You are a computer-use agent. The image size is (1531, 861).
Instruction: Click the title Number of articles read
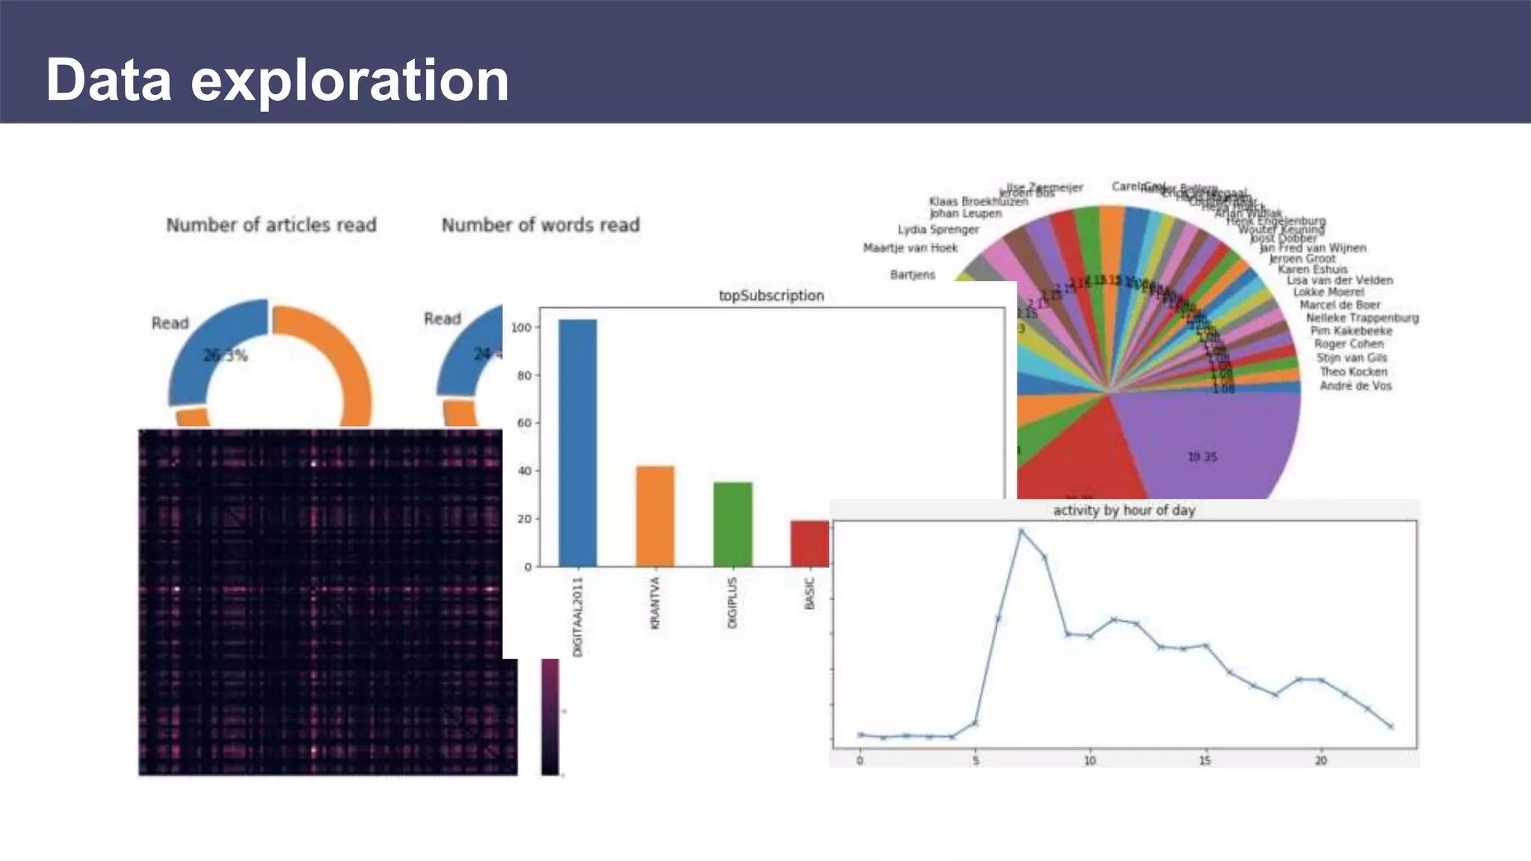click(x=271, y=225)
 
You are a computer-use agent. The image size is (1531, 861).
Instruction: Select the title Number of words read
click(x=540, y=225)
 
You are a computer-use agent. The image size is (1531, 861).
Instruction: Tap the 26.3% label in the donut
click(x=225, y=355)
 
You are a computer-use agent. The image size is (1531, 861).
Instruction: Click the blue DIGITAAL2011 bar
click(x=577, y=442)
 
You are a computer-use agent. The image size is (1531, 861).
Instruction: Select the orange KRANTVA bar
click(x=655, y=516)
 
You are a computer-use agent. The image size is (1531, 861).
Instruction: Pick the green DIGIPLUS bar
click(x=733, y=524)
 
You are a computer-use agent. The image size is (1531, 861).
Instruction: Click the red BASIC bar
click(x=810, y=543)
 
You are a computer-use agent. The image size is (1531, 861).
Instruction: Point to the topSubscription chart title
click(x=771, y=295)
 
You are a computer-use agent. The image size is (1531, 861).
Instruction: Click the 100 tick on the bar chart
click(x=521, y=327)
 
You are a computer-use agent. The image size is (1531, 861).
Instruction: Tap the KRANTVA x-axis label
click(x=656, y=603)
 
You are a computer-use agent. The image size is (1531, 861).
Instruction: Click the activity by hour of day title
click(x=1124, y=510)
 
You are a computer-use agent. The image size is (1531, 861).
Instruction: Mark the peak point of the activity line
click(x=1021, y=531)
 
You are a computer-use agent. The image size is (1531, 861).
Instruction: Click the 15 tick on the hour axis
click(x=1205, y=760)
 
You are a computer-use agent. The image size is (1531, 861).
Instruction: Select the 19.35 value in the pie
click(x=1202, y=457)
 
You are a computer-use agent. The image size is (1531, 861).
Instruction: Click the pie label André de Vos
click(x=1355, y=386)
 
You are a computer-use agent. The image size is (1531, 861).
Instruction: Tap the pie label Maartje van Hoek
click(x=910, y=248)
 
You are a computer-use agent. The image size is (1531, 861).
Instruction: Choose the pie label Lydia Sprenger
click(x=938, y=229)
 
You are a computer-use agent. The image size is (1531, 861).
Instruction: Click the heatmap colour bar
click(x=550, y=716)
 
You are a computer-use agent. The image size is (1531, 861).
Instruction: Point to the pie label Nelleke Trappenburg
click(x=1362, y=318)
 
